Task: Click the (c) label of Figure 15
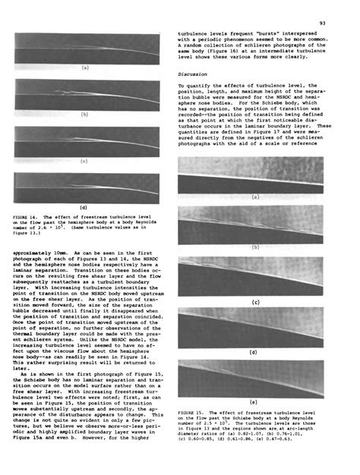pos(253,301)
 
